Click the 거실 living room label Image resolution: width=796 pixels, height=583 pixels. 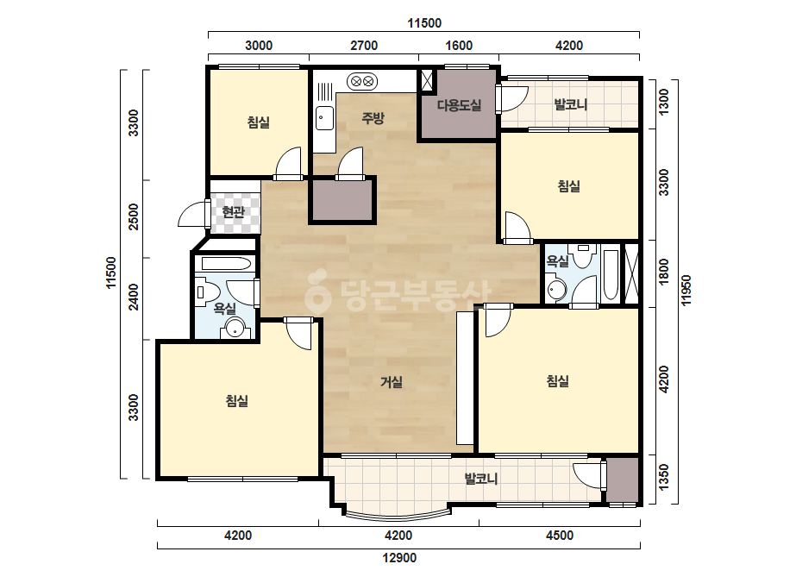[x=392, y=382]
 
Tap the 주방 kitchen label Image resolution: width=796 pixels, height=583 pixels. [x=373, y=118]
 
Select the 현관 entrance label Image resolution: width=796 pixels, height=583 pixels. [x=234, y=212]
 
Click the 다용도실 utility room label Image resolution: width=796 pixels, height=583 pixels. [x=459, y=105]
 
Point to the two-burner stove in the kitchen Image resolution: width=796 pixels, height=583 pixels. [x=362, y=81]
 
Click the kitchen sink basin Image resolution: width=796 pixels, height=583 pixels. [x=324, y=118]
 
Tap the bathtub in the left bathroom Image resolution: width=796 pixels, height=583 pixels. [x=227, y=264]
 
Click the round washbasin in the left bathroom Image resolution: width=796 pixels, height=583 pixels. [x=235, y=328]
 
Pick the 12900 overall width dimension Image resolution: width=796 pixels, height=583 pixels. [x=399, y=558]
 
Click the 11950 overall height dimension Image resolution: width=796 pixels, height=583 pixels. [x=686, y=291]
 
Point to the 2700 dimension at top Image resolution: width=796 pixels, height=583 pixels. [x=364, y=46]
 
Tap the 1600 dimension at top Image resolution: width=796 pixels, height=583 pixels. [x=459, y=46]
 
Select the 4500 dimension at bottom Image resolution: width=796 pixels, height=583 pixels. [x=560, y=536]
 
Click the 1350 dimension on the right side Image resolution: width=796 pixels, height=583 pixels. [x=663, y=478]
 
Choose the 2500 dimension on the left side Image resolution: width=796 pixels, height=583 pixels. [x=133, y=216]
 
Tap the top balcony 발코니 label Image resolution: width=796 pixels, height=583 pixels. [x=571, y=104]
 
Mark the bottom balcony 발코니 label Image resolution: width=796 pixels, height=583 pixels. [x=480, y=479]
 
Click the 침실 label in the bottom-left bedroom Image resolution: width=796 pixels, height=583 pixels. [x=237, y=401]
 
